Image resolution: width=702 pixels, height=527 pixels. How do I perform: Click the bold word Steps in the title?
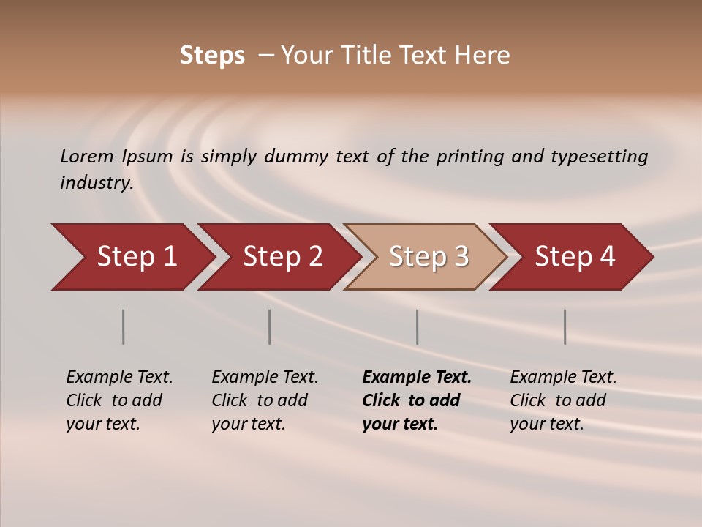point(212,56)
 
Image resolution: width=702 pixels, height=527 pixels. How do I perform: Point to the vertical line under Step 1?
point(124,326)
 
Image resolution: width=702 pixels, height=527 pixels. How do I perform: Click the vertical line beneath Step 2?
point(270,326)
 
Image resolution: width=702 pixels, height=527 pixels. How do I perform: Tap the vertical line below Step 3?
point(418,326)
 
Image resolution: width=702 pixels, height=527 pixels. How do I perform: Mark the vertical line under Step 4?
point(565,326)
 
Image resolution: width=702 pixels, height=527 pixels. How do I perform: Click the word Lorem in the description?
point(87,157)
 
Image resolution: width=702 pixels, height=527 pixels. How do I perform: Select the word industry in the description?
point(97,183)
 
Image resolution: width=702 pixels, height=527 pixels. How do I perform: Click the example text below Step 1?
point(119,400)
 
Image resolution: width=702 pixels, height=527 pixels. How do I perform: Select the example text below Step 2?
point(265,400)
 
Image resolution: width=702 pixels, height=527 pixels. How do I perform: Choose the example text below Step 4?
point(563,400)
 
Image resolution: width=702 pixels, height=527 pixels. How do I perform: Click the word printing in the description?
point(470,157)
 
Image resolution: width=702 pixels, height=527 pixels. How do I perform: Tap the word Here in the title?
point(482,56)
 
